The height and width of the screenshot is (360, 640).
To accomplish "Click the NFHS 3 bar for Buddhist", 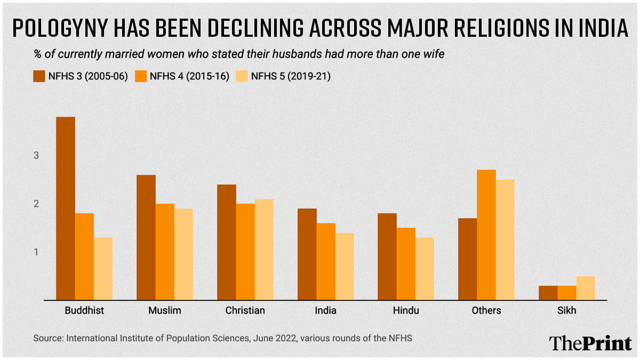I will pos(66,209).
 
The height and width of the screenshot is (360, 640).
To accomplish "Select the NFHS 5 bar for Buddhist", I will pos(103,269).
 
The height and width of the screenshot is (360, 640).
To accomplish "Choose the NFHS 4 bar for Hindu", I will pos(406,264).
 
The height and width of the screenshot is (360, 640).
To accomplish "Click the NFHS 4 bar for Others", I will pos(486,235).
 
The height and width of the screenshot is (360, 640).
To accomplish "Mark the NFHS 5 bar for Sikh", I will pos(586,288).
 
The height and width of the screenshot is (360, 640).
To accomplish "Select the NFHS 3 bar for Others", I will pos(468,259).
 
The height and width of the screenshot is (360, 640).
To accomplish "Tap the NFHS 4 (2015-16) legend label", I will pos(189,76).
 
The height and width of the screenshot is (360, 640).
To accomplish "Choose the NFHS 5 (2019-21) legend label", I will pos(291,76).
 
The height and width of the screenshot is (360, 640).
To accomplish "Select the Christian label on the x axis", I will pos(245,310).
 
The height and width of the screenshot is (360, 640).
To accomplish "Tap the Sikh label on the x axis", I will pos(567,310).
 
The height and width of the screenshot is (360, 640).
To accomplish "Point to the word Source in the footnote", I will pos(46,338).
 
